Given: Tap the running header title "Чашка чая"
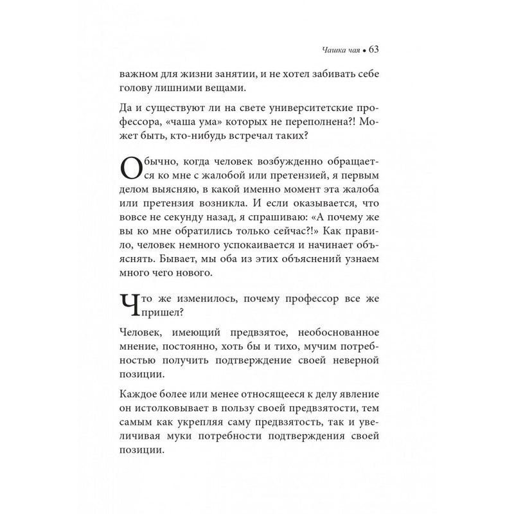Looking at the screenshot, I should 340,50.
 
